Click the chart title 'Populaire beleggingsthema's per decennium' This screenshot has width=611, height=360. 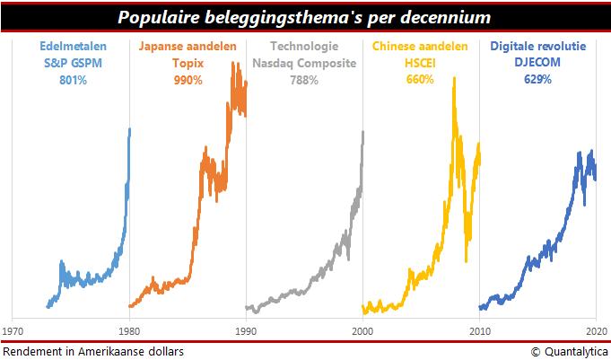tap(304, 17)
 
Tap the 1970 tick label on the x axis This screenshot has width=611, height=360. tap(13, 329)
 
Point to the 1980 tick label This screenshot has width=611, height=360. tap(129, 329)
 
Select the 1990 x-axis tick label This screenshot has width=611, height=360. tap(246, 329)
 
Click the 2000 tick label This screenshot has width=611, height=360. tap(362, 329)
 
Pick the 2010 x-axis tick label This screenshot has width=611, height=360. tap(479, 329)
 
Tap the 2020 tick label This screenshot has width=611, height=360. tap(595, 329)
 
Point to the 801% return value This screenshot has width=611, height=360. tap(72, 79)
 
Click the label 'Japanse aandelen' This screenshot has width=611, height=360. tap(188, 46)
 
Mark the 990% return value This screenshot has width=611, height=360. tap(188, 79)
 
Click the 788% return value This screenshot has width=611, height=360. tap(305, 79)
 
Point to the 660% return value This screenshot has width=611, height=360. tap(421, 79)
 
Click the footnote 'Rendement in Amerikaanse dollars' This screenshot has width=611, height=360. tap(92, 351)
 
